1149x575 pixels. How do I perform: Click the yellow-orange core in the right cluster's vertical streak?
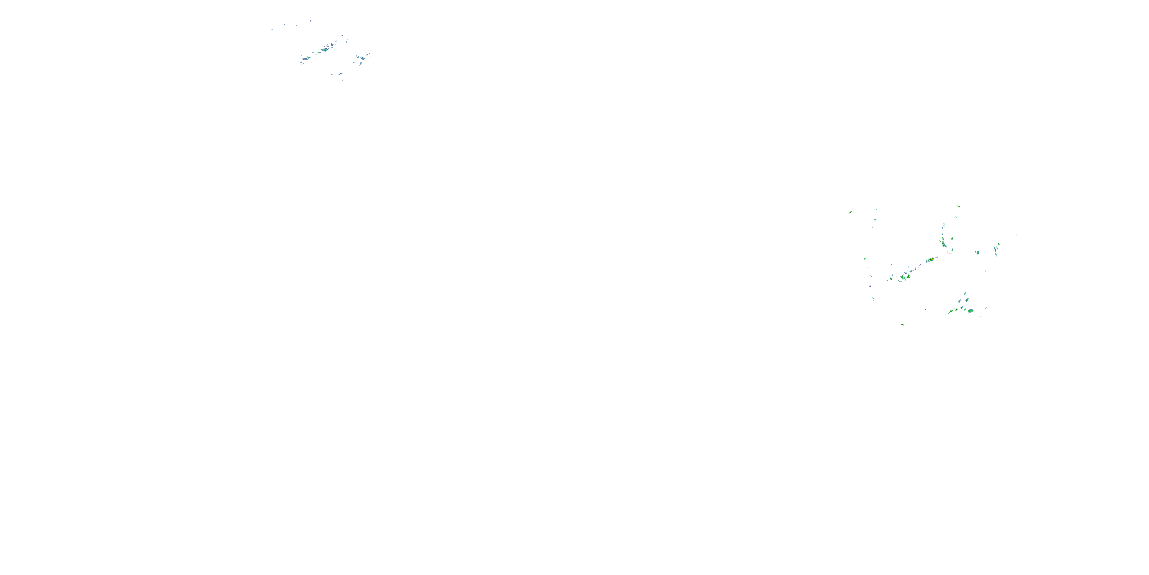944,244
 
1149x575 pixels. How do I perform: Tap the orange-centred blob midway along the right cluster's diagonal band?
931,260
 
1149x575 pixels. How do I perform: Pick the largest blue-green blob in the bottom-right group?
970,311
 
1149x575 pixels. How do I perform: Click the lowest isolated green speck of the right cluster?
902,325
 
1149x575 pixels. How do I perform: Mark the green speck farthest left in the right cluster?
851,212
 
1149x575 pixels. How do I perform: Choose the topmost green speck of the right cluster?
959,206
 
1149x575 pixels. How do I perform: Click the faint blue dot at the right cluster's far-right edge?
1016,235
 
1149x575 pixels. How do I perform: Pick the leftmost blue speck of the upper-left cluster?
271,30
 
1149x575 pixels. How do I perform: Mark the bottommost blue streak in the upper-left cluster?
342,80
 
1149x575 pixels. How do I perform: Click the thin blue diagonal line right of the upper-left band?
346,41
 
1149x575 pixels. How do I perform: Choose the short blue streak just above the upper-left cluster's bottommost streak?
340,74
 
